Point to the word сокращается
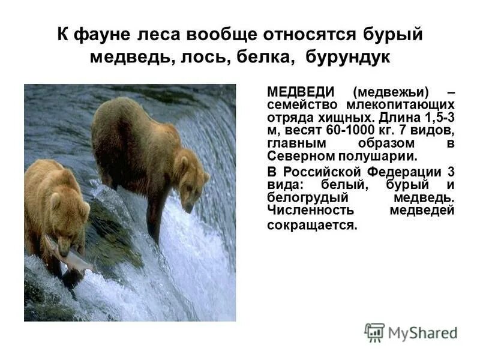(x=312, y=226)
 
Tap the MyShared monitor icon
(x=374, y=332)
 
